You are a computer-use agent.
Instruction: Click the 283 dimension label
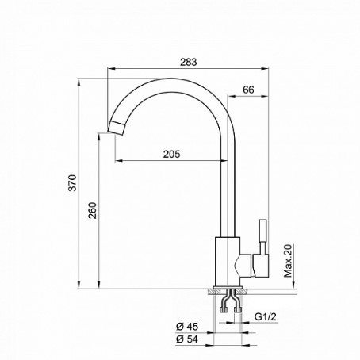pos(189,62)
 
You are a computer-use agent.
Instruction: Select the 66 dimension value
pos(248,90)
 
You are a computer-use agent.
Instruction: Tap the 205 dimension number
pos(171,154)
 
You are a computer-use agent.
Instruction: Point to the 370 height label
pos(72,182)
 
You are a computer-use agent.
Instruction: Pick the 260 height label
pos(93,210)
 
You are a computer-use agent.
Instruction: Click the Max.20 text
pos(289,261)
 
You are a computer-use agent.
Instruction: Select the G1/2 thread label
pos(266,316)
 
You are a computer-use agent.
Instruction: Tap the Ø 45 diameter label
pos(187,327)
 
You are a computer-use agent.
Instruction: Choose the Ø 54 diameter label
pos(187,339)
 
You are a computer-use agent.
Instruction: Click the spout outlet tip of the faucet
pos(117,127)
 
